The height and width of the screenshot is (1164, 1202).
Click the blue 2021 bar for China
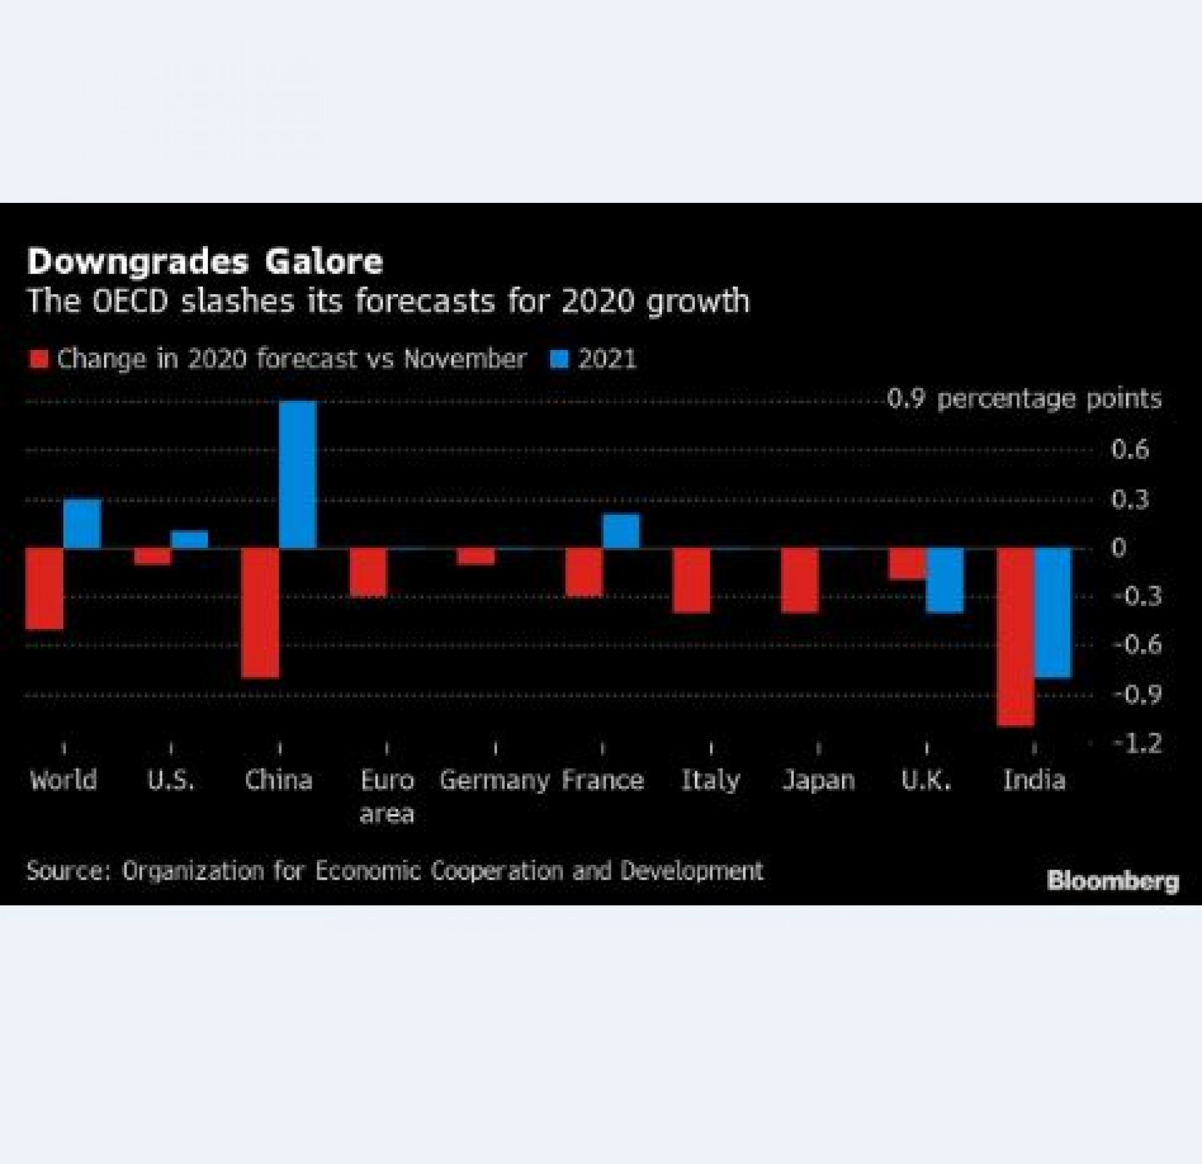point(297,475)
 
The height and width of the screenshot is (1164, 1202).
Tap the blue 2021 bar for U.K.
point(945,580)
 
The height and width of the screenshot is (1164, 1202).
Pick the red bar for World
point(44,589)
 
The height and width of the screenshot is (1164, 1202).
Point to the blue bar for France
point(621,531)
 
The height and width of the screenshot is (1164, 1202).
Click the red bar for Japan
point(800,580)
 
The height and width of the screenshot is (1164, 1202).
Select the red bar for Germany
point(476,557)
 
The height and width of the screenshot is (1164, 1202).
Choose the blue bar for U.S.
point(190,540)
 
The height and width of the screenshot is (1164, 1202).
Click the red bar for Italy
point(692,580)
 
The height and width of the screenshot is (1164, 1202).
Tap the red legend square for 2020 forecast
point(39,360)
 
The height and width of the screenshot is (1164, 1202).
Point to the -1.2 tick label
point(1136,744)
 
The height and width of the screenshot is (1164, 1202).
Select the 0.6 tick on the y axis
point(1130,450)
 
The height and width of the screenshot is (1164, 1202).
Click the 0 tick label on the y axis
point(1119,548)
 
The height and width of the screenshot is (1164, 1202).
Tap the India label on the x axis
point(1034,781)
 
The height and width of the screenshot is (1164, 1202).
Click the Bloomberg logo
point(1113,881)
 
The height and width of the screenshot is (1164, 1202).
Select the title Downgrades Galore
point(205,262)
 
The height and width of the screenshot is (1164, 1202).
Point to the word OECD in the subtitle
point(130,301)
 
